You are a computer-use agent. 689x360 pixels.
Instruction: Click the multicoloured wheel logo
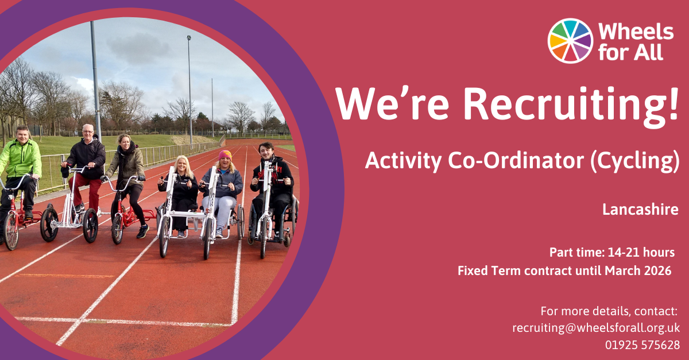coord(570,41)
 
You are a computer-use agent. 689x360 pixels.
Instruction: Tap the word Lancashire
coord(640,210)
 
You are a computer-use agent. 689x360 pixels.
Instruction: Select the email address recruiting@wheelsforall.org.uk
coord(596,328)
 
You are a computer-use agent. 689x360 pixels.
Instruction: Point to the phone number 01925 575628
coord(642,345)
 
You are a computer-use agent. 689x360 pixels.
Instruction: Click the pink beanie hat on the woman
coord(225,155)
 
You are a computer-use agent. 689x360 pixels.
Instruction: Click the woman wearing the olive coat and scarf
coord(127,181)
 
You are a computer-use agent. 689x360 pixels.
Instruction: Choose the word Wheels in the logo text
coord(636,32)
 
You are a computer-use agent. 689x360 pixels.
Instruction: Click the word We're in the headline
coord(393,104)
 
